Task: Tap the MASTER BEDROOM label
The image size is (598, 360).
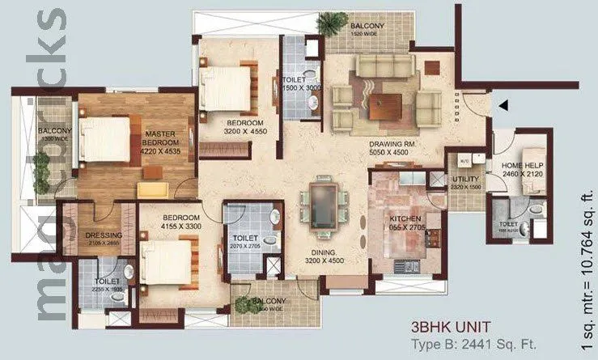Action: pos(161,138)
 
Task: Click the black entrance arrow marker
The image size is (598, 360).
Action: pos(503,104)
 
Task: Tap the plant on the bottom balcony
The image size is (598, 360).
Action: pos(244,304)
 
